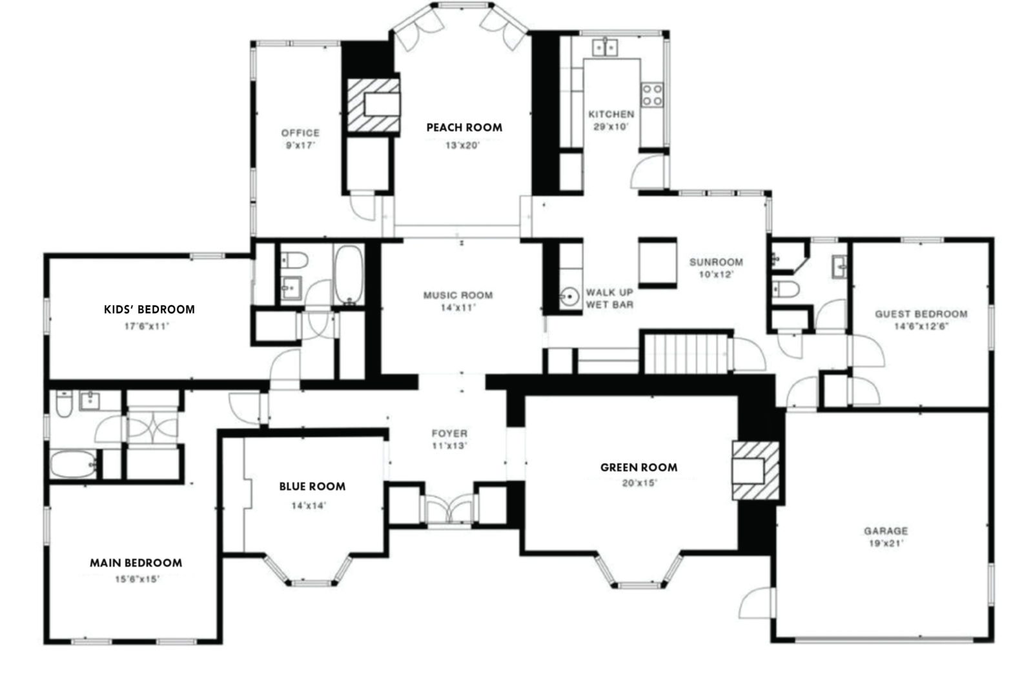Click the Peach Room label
tap(464, 128)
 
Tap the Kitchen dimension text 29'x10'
tap(610, 127)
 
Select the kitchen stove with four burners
tap(652, 95)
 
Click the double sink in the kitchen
tap(605, 47)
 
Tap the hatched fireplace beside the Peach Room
tap(373, 105)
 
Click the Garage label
tap(885, 531)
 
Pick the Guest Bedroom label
tap(921, 314)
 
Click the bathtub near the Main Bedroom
tap(74, 465)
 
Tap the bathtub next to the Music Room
tap(349, 274)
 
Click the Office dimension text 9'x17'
tap(300, 146)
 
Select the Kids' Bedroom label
tap(149, 310)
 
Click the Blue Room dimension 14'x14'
tap(309, 506)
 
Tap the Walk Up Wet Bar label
tap(609, 298)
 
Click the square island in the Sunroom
tap(657, 261)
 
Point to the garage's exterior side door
tap(755, 603)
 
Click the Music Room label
tap(458, 295)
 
